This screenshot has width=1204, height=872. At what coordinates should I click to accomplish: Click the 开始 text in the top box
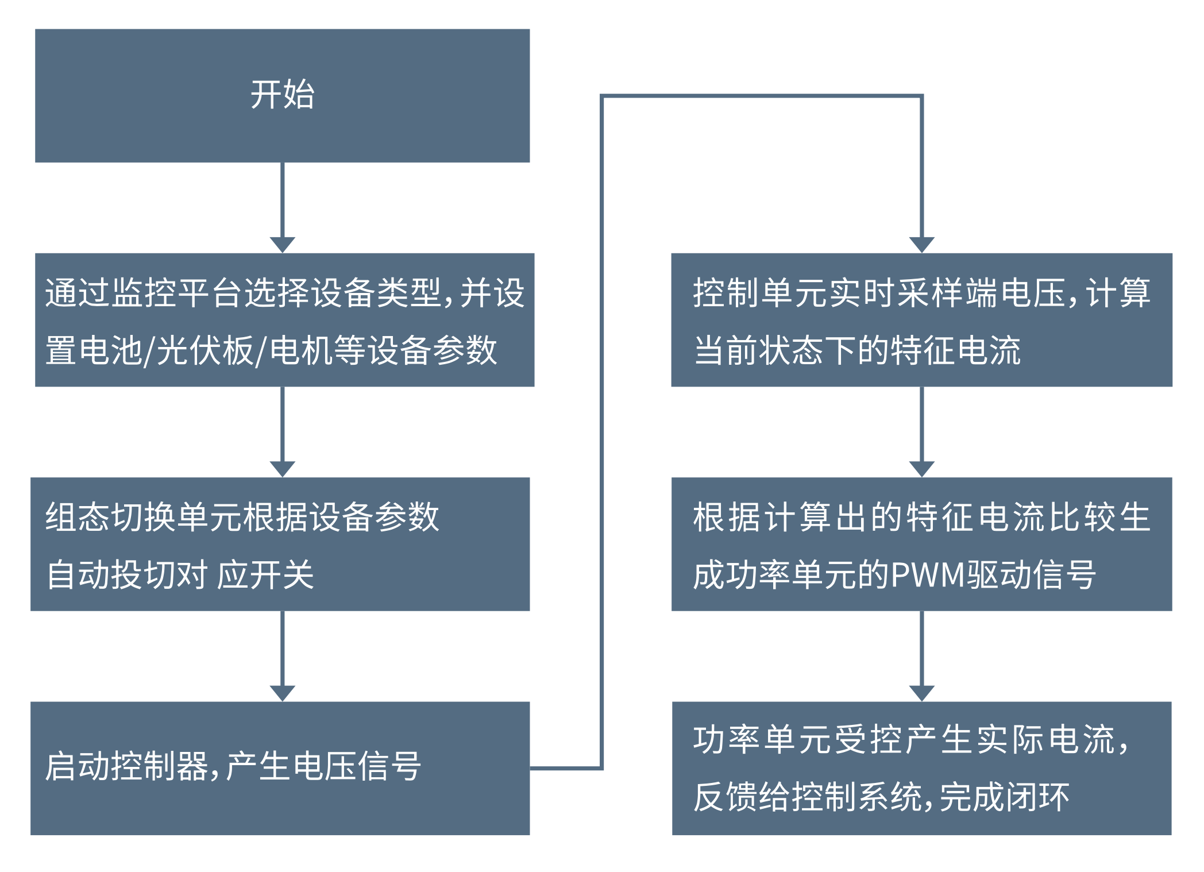tap(282, 95)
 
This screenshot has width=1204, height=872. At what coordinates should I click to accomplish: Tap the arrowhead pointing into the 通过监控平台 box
tap(282, 244)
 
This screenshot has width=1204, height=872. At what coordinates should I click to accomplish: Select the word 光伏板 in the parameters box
tap(204, 350)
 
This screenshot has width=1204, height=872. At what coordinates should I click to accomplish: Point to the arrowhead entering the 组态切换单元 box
tap(282, 468)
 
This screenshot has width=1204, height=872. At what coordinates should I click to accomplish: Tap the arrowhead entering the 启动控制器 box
tap(282, 692)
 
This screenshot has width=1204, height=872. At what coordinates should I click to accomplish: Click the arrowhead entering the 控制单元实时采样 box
tap(921, 244)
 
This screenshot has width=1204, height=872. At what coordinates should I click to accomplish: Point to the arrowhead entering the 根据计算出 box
tap(921, 468)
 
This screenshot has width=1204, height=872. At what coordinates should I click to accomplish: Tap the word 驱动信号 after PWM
tap(1032, 574)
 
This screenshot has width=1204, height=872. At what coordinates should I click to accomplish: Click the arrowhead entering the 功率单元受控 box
tap(921, 692)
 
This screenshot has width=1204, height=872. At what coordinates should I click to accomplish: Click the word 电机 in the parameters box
tap(302, 350)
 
